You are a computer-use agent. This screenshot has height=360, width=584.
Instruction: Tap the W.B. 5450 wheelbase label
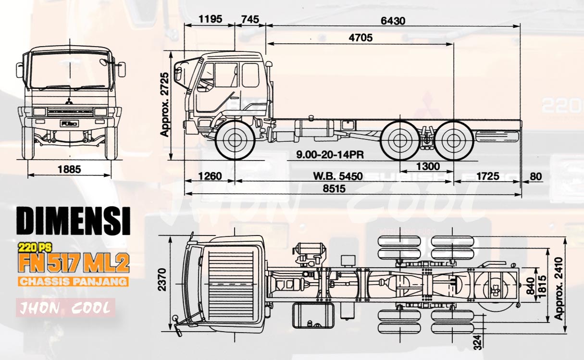point(338,176)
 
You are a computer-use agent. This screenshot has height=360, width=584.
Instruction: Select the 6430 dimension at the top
point(393,21)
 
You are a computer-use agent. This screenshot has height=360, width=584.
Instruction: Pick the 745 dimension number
point(250,19)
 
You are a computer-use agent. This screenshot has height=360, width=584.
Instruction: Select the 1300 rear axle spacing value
point(427,166)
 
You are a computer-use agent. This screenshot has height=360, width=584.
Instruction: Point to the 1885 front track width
point(70,169)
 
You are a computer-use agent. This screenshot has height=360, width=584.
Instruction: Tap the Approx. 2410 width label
point(559,289)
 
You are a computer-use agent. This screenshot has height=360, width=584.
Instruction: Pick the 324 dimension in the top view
point(477,342)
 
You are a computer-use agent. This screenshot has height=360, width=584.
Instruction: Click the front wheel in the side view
point(235,140)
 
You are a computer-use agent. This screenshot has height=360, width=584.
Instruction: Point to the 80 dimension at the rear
point(535,176)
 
